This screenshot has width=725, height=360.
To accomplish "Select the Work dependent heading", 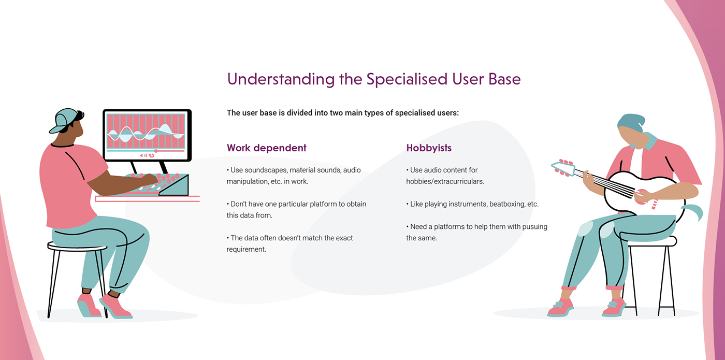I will pyautogui.click(x=266, y=148).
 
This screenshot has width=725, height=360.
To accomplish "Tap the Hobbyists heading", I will pyautogui.click(x=429, y=148).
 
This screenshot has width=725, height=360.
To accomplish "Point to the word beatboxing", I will pyautogui.click(x=505, y=204).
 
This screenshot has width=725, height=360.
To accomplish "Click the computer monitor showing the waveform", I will pyautogui.click(x=146, y=134).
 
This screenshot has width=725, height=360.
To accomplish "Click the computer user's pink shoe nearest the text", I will pyautogui.click(x=116, y=306).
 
